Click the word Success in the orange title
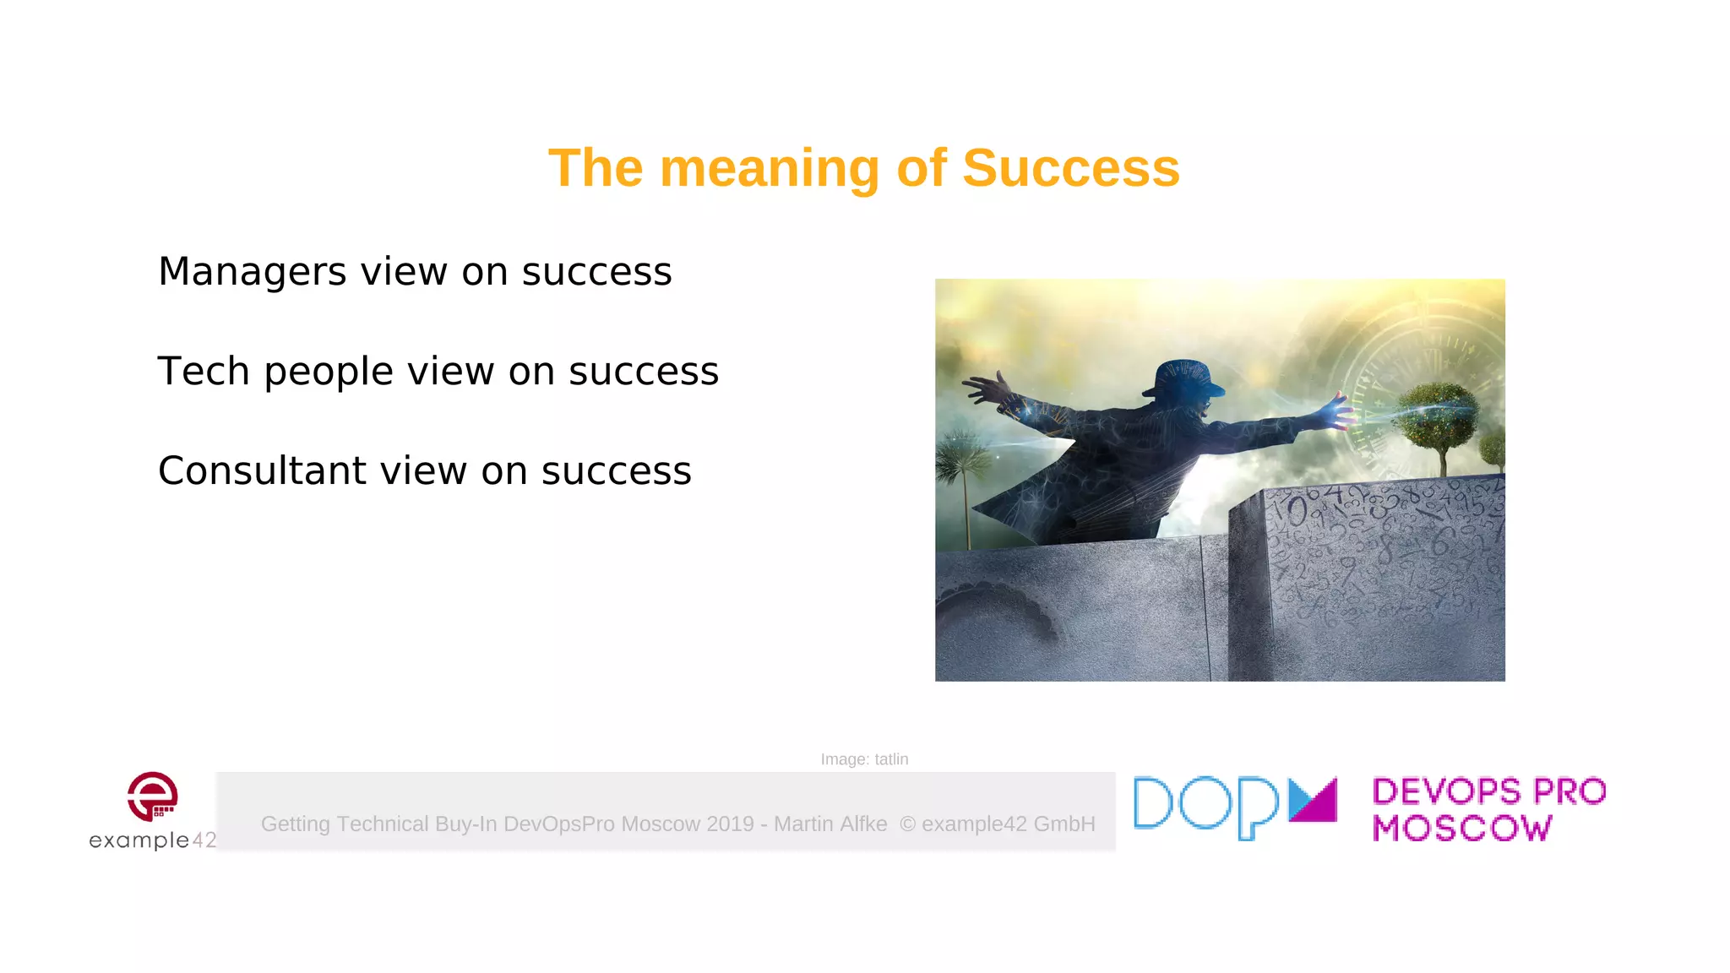pos(1070,168)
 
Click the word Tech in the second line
pos(204,372)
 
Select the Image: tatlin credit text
pos(864,759)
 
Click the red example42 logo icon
pos(153,796)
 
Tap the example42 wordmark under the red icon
pos(153,840)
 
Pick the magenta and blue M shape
pos(1313,799)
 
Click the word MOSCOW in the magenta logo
pos(1461,828)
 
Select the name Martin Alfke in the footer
pos(830,824)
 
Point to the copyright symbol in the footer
pos(907,824)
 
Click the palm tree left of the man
pos(963,465)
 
